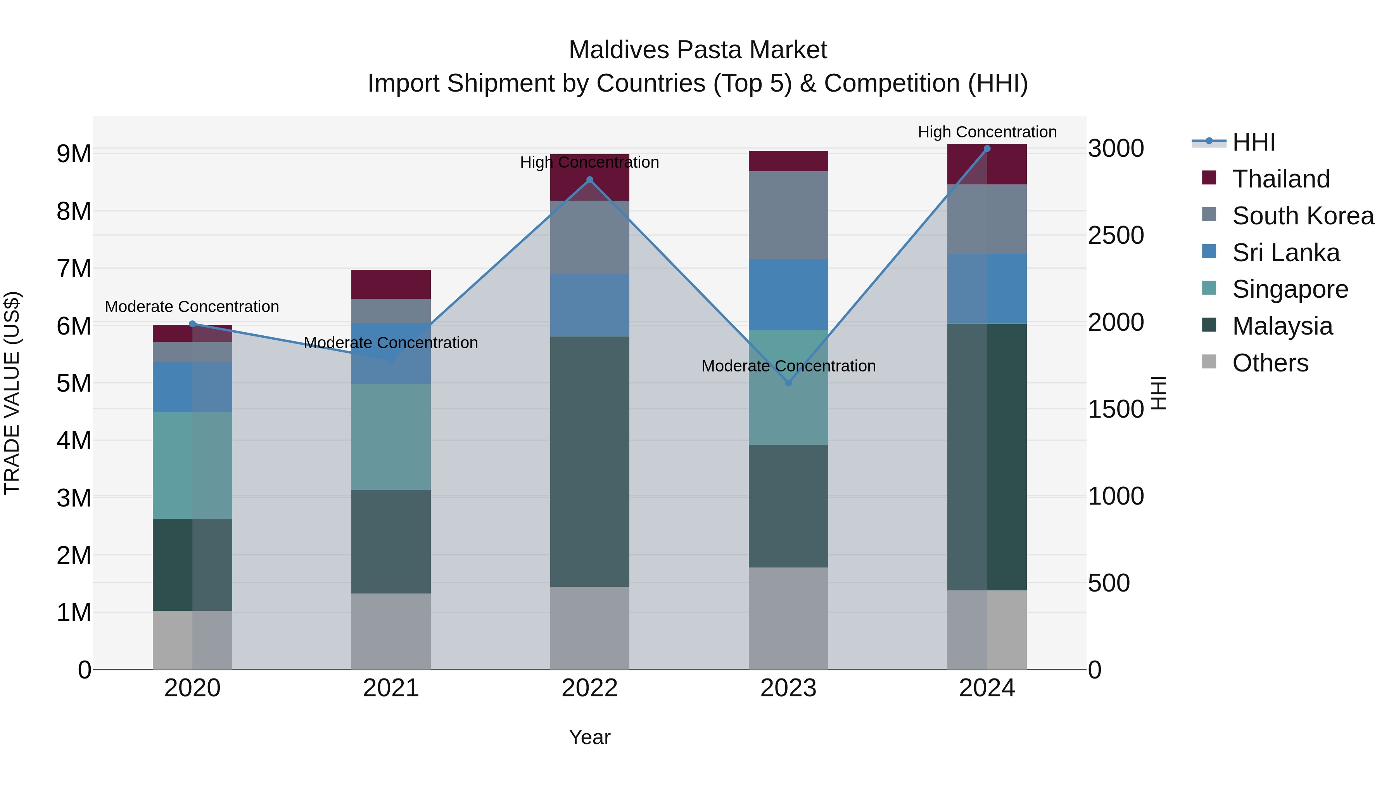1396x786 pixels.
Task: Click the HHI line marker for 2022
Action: [589, 180]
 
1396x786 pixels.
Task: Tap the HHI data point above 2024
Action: [987, 149]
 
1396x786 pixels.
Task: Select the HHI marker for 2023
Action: [788, 383]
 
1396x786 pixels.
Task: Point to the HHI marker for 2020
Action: [192, 324]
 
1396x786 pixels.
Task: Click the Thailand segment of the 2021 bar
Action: [391, 284]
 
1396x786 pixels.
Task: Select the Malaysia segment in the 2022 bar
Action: [589, 461]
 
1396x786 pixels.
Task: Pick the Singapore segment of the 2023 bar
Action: [788, 387]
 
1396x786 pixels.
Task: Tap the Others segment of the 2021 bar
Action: [391, 631]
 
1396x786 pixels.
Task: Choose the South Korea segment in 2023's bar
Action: [788, 215]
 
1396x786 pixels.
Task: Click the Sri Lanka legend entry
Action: [1285, 253]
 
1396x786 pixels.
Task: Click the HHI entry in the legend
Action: [1253, 142]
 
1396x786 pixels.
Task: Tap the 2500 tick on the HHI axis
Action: [1116, 236]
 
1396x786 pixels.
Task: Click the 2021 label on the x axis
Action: [391, 688]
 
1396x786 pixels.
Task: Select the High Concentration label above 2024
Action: [987, 132]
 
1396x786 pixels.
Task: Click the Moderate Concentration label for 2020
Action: [192, 307]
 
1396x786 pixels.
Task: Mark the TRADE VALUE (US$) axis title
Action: [12, 393]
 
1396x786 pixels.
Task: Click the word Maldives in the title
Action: [619, 50]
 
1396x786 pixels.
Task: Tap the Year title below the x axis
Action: [589, 737]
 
